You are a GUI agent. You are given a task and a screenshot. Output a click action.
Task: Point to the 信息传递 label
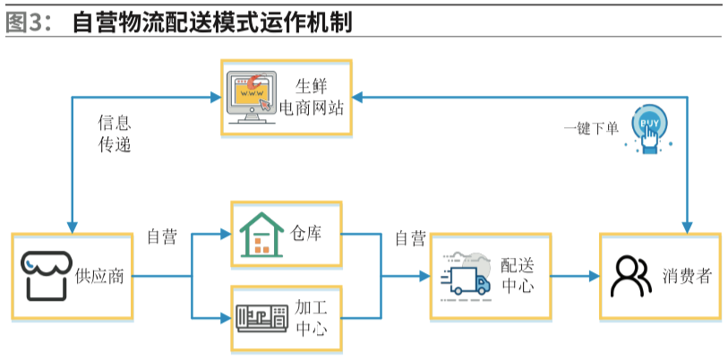point(114,133)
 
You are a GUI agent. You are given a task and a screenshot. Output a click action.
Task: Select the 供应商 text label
point(99,276)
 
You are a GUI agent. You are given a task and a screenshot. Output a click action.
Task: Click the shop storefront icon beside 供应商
point(46,273)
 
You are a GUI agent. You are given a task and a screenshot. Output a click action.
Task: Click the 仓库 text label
point(306,234)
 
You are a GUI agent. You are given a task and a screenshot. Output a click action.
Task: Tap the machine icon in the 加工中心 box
point(261,317)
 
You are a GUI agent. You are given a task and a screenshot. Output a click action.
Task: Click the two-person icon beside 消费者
point(630,276)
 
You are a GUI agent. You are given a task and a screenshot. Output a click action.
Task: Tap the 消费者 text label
point(687,276)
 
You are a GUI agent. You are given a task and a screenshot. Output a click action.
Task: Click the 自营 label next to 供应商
point(162,237)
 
